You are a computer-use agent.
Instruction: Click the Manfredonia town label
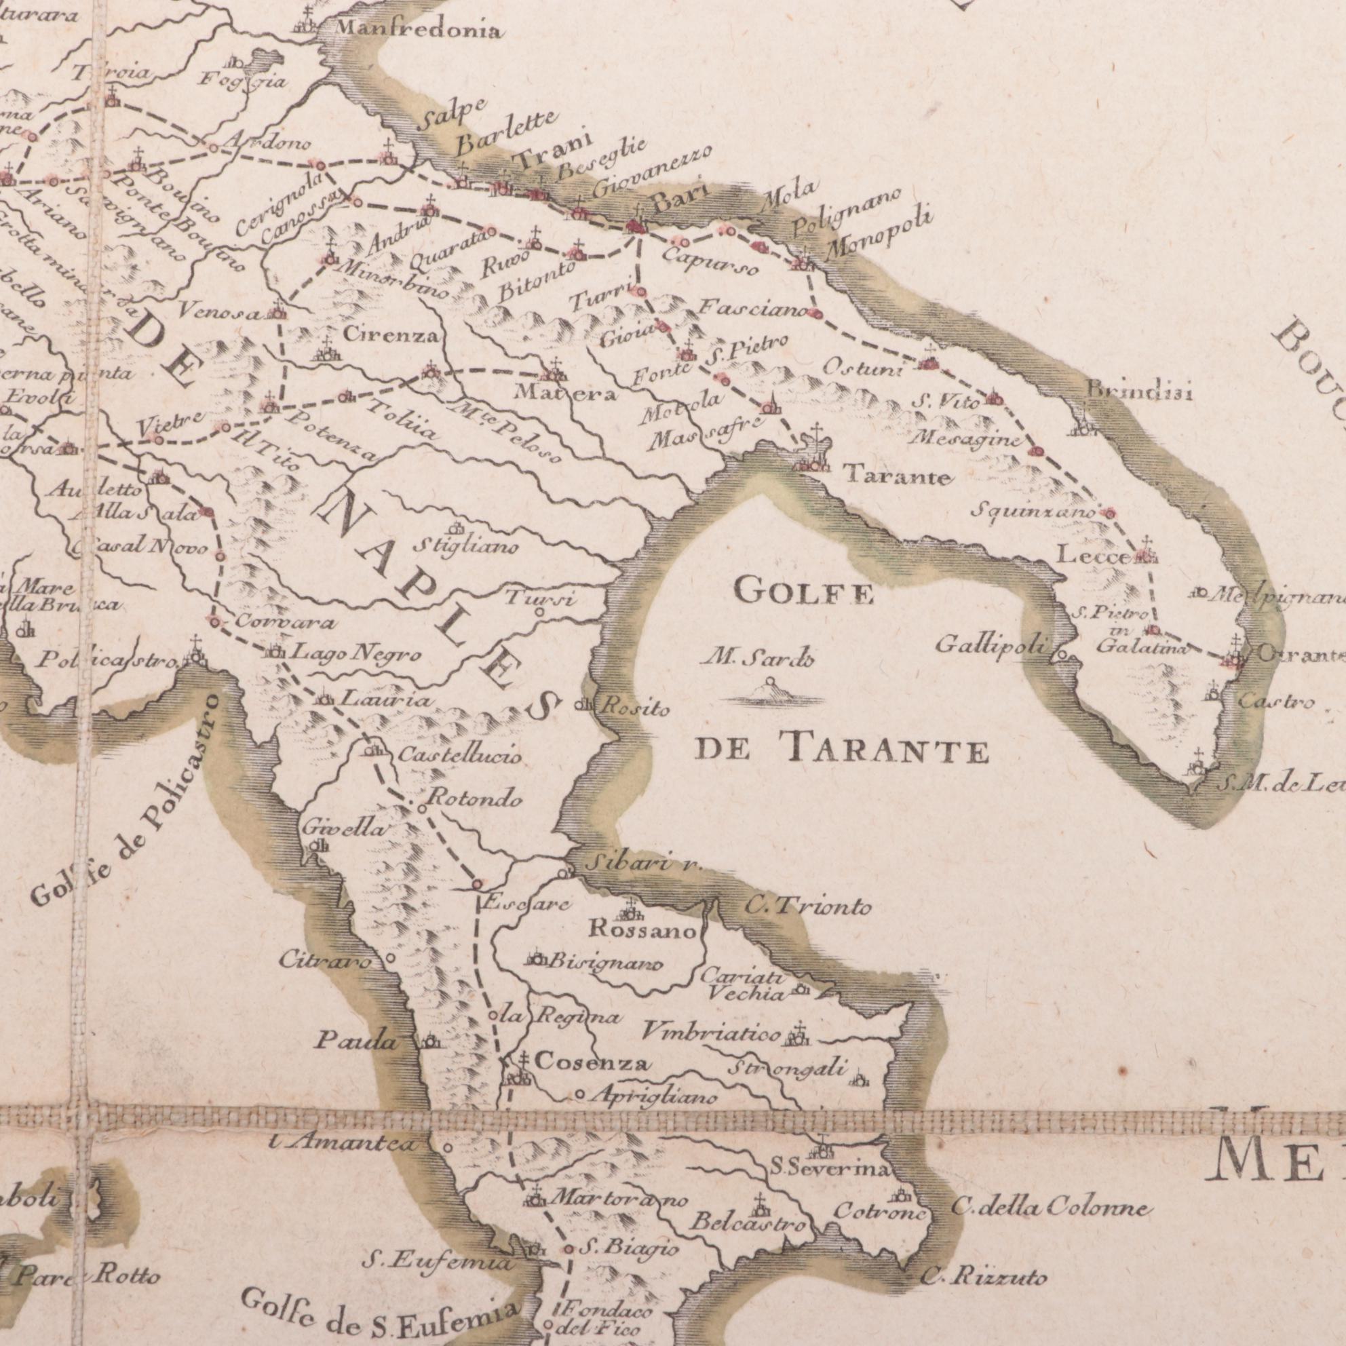[x=417, y=30]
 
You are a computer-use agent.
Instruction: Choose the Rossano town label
[x=642, y=930]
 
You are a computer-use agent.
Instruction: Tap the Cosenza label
[x=594, y=1063]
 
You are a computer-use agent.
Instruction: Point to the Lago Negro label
[x=355, y=654]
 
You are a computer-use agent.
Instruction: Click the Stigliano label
[x=466, y=547]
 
